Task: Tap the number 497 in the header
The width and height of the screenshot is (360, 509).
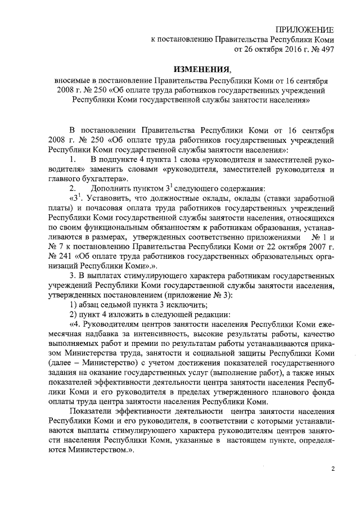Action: pos(326,49)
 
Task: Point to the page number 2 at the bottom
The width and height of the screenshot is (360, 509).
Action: pos(332,470)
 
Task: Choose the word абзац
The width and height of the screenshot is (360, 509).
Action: pos(91,304)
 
